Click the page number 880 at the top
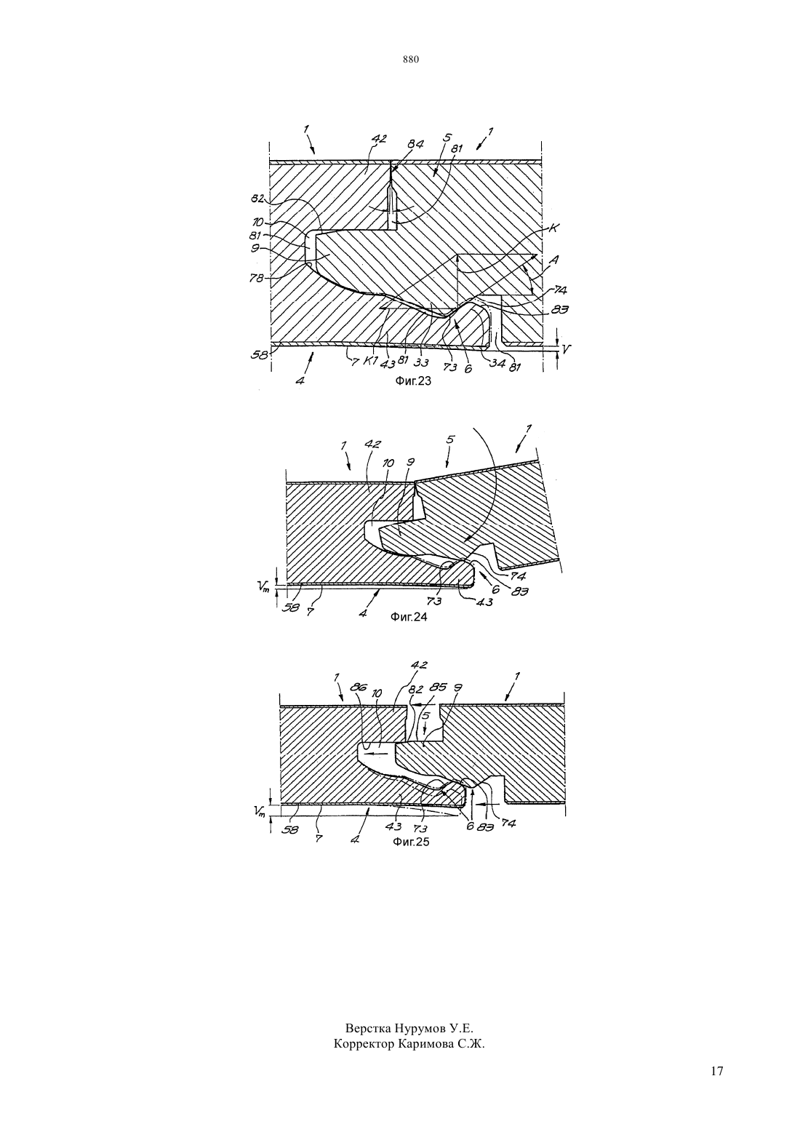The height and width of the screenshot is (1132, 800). pyautogui.click(x=411, y=60)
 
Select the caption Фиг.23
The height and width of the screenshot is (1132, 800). pyautogui.click(x=412, y=381)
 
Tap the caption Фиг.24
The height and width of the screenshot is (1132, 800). pyautogui.click(x=409, y=616)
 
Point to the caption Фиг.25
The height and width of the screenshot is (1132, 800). pyautogui.click(x=411, y=842)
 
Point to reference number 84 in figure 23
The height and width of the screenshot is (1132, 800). pyautogui.click(x=416, y=144)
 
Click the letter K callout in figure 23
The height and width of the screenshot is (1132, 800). pyautogui.click(x=553, y=228)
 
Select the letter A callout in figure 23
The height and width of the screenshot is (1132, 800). pyautogui.click(x=554, y=260)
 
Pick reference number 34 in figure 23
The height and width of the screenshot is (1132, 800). pyautogui.click(x=497, y=362)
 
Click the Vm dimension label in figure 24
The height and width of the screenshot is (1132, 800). pyautogui.click(x=263, y=586)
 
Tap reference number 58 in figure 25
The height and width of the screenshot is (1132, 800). pyautogui.click(x=290, y=829)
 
